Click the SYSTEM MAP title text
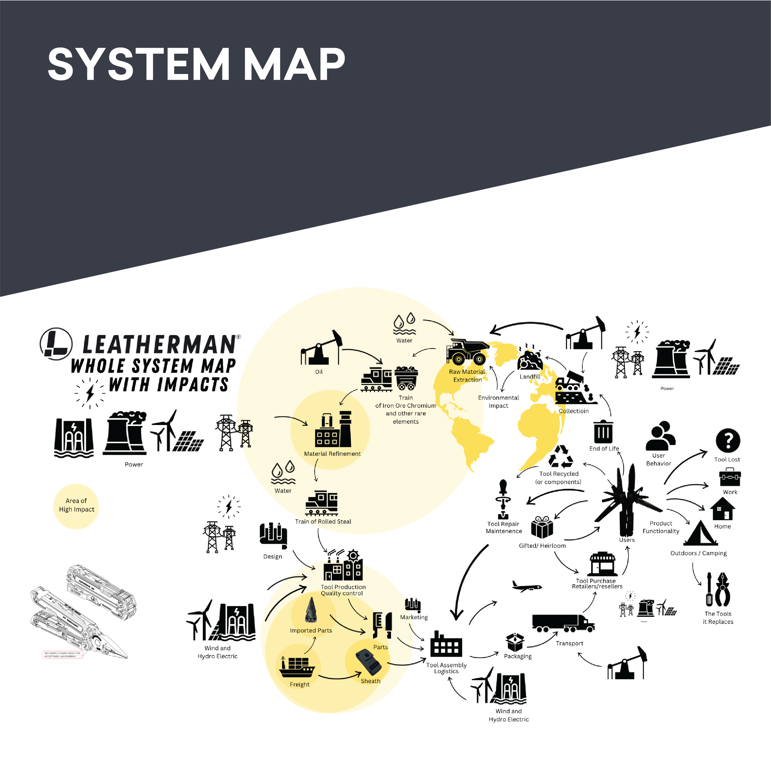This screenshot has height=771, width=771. point(196,64)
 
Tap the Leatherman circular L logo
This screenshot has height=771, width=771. point(56,344)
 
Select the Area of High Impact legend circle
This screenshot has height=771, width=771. point(76,506)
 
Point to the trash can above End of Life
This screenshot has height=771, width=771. point(603,432)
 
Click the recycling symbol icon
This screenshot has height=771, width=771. point(561,457)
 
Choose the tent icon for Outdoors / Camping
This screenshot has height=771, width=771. point(700,534)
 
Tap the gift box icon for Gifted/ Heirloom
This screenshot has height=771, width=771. point(542,528)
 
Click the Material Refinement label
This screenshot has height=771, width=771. point(332,454)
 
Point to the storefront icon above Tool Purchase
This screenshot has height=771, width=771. point(603,564)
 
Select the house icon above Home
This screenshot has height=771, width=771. point(722,509)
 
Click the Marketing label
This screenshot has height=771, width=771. point(414,617)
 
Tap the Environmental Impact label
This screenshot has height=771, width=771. point(498,402)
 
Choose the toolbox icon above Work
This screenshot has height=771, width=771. point(730,478)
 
